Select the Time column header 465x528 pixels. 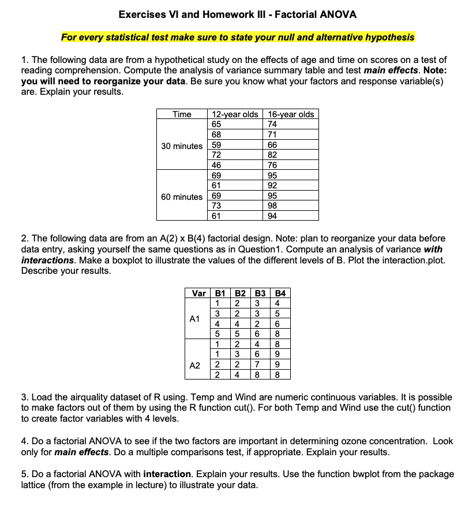pyautogui.click(x=182, y=114)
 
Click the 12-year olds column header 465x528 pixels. pyautogui.click(x=235, y=114)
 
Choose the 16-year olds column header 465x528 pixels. pyautogui.click(x=291, y=114)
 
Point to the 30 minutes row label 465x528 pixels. pyautogui.click(x=182, y=146)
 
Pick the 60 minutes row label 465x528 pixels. pyautogui.click(x=182, y=197)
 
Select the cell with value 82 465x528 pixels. pyautogui.click(x=273, y=155)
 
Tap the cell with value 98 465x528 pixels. pyautogui.click(x=273, y=206)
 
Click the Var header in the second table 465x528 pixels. pyautogui.click(x=198, y=293)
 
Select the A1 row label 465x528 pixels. pyautogui.click(x=195, y=318)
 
